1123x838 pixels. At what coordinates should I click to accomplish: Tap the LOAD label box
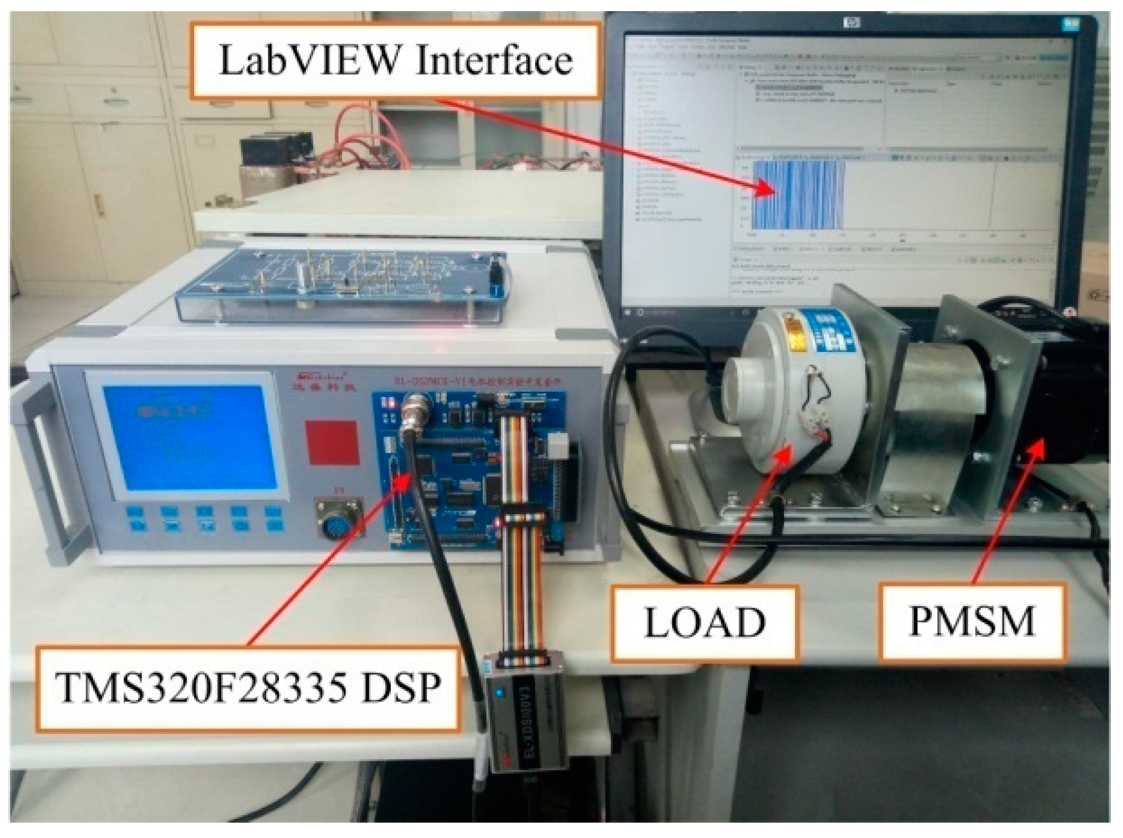(704, 623)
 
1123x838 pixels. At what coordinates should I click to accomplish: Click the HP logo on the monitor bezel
(852, 22)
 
